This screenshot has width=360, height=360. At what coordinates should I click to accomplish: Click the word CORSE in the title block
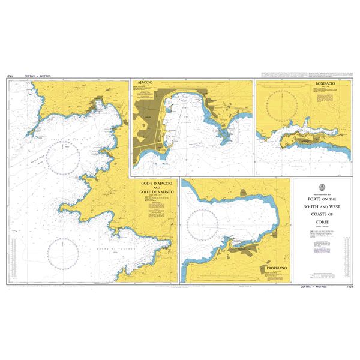click(323, 221)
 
